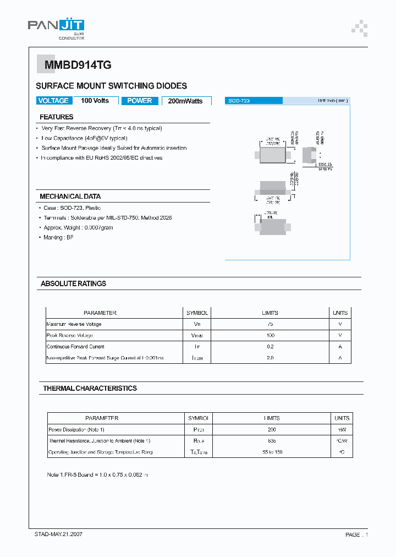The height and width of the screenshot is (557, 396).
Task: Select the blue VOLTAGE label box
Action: (x=53, y=101)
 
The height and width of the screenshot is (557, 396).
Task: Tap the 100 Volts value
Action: (x=95, y=101)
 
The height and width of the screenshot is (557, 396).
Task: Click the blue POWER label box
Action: (x=140, y=101)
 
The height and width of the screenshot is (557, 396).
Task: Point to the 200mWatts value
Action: (x=185, y=101)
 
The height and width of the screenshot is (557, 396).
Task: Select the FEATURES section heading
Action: (x=57, y=117)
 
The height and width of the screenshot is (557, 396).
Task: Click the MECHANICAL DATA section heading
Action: (x=70, y=196)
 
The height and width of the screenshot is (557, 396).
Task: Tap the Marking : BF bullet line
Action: (x=58, y=237)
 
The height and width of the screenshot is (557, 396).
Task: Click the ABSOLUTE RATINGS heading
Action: (x=73, y=283)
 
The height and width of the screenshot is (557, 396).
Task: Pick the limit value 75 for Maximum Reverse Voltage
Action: (x=270, y=324)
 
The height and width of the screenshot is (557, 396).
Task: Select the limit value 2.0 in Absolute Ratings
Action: (x=270, y=358)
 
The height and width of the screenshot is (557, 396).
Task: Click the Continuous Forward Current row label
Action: (x=75, y=347)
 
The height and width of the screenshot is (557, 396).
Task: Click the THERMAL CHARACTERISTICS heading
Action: (x=90, y=388)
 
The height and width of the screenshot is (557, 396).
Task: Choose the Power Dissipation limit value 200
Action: (x=272, y=429)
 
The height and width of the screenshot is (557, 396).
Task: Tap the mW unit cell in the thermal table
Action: (x=341, y=429)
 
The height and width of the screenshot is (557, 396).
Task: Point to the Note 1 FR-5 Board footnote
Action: (x=98, y=474)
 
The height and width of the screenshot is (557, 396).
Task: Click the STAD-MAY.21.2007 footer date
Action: (x=59, y=534)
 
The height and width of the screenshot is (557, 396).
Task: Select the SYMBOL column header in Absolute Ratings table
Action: (x=197, y=313)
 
